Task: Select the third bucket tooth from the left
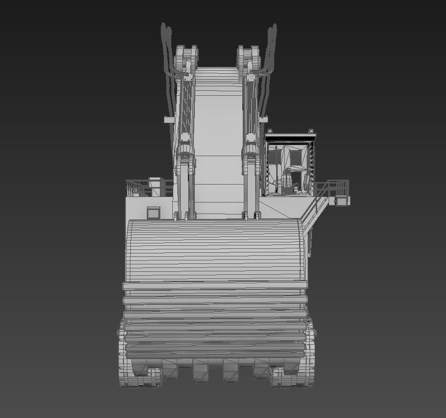coord(201,371)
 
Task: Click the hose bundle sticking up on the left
coord(166,50)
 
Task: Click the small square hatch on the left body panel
coord(153,212)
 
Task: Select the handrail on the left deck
coord(136,188)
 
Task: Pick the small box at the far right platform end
coord(343,201)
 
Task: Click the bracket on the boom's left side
coord(169,120)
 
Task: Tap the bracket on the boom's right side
coord(263,120)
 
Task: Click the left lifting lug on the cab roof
coord(269,132)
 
